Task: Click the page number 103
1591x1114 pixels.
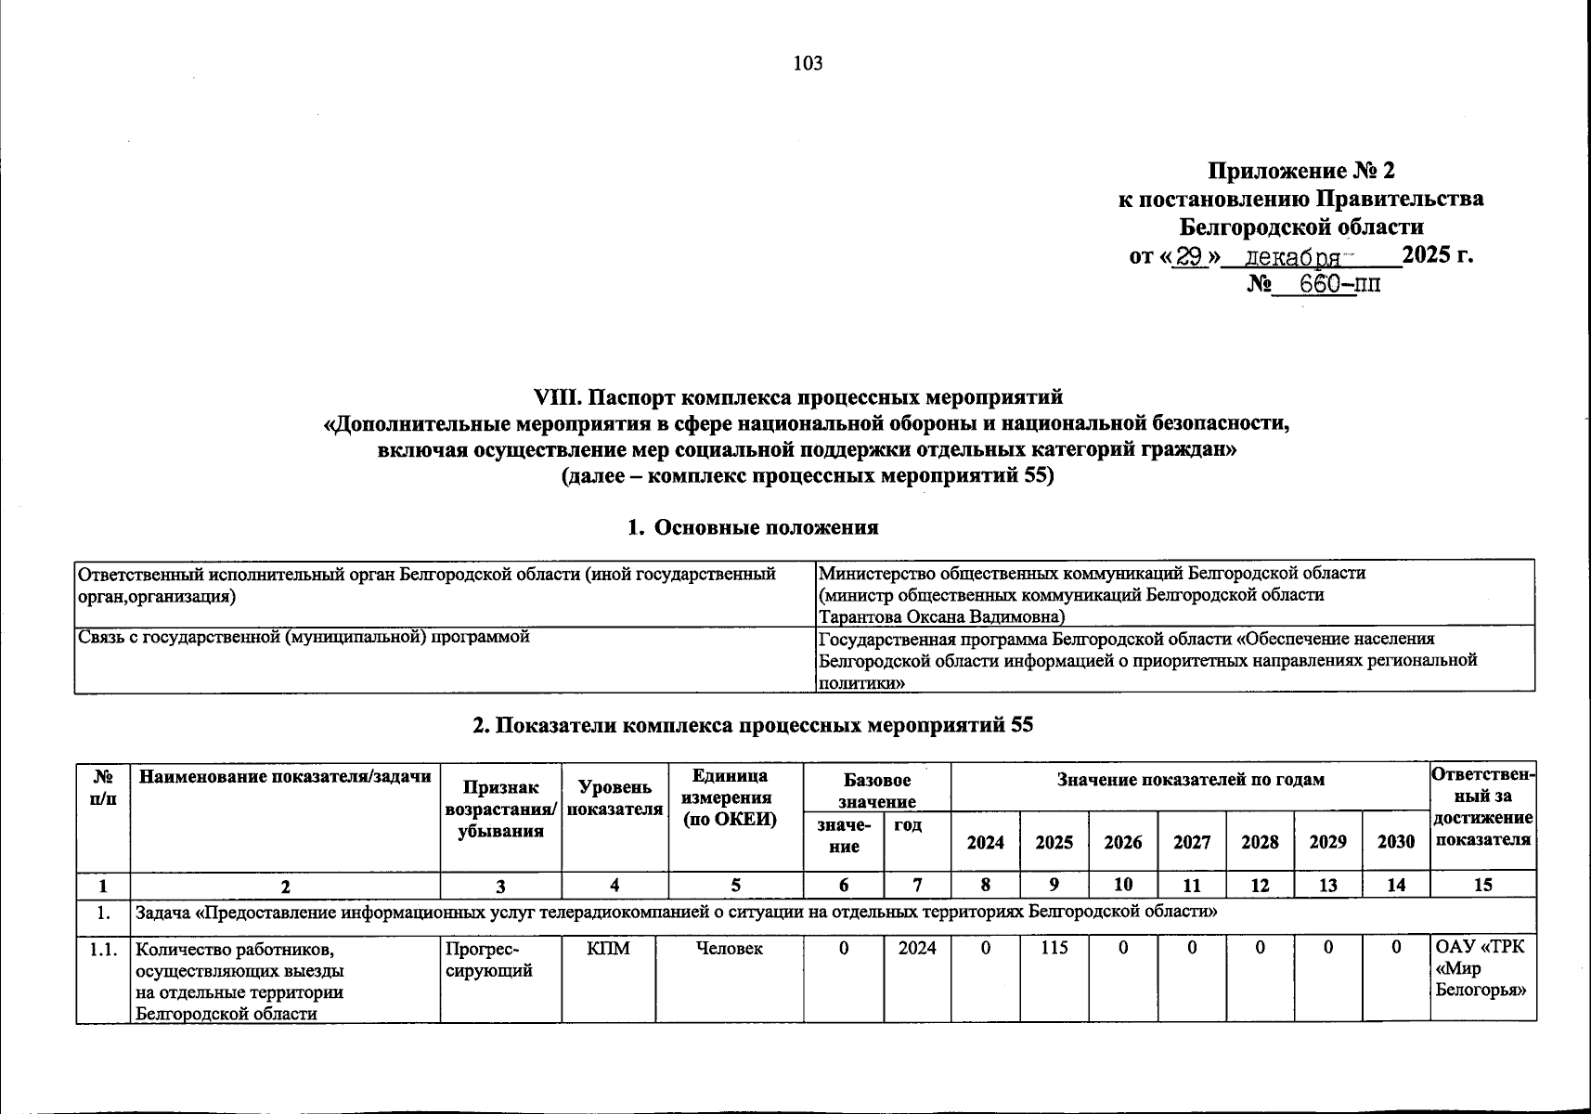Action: tap(808, 63)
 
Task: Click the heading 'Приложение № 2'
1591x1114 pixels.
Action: tap(1300, 171)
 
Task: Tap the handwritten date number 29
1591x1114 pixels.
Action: tap(1189, 256)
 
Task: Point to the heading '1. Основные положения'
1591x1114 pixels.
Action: tap(752, 527)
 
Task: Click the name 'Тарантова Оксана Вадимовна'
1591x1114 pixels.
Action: tap(941, 616)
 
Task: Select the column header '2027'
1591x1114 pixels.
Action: tap(1191, 842)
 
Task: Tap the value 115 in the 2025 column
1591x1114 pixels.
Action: tap(1054, 948)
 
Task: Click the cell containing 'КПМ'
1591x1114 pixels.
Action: tap(609, 948)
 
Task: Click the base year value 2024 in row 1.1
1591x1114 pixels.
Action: tap(917, 948)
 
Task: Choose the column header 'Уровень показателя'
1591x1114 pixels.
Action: tap(609, 797)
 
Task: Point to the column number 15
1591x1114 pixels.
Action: tap(1482, 885)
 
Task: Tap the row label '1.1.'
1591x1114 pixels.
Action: tap(103, 949)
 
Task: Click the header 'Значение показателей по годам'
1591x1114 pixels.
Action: tap(1190, 780)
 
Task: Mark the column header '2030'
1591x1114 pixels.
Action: tap(1395, 842)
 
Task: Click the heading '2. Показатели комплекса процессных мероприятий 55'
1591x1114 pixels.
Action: tap(752, 726)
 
